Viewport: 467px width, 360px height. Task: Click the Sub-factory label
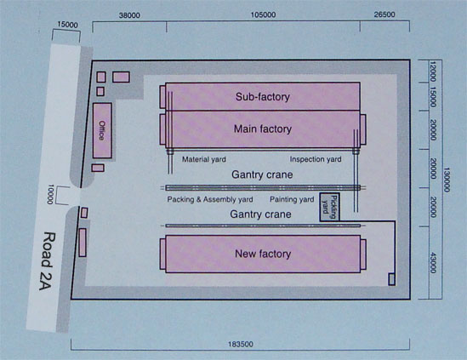[262, 97]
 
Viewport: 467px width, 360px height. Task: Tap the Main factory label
[262, 129]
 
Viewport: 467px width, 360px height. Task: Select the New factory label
[263, 254]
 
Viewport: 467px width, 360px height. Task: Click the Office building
[102, 130]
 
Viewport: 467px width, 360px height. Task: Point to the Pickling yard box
[330, 207]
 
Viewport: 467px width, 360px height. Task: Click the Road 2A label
[48, 261]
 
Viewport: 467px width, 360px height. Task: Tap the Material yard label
[204, 159]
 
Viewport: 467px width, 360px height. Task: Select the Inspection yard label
[316, 159]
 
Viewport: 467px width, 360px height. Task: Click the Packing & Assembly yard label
[210, 199]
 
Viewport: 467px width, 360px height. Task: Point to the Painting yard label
[292, 199]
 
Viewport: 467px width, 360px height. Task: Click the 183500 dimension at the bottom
[241, 345]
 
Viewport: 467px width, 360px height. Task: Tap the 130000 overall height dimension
[447, 180]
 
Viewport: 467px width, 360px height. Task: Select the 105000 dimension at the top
[264, 15]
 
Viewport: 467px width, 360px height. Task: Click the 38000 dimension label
[129, 15]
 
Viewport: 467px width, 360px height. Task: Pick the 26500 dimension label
[384, 14]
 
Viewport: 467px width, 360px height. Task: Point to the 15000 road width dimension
[67, 25]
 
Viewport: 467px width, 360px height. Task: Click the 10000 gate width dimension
[50, 194]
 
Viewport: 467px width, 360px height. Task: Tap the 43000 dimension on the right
[433, 262]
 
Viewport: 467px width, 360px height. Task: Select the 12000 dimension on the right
[433, 71]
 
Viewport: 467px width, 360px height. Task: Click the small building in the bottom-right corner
[392, 279]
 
